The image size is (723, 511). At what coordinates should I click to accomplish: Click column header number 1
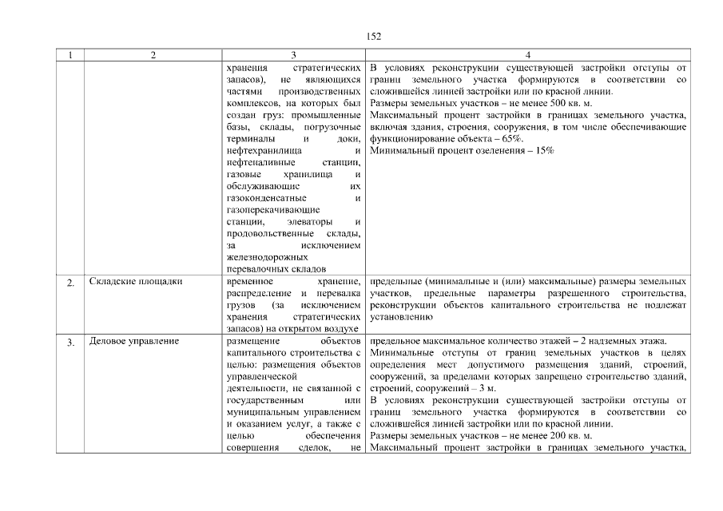click(71, 55)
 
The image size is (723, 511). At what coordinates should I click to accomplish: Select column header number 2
click(153, 55)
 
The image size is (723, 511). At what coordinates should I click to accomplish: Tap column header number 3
click(294, 55)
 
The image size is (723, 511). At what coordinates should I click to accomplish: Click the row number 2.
click(71, 283)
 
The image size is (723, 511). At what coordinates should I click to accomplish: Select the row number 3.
click(71, 343)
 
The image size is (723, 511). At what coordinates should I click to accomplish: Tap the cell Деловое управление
click(134, 342)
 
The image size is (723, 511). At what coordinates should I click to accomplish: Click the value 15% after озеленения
click(541, 150)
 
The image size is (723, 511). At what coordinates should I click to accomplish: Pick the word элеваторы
click(307, 222)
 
